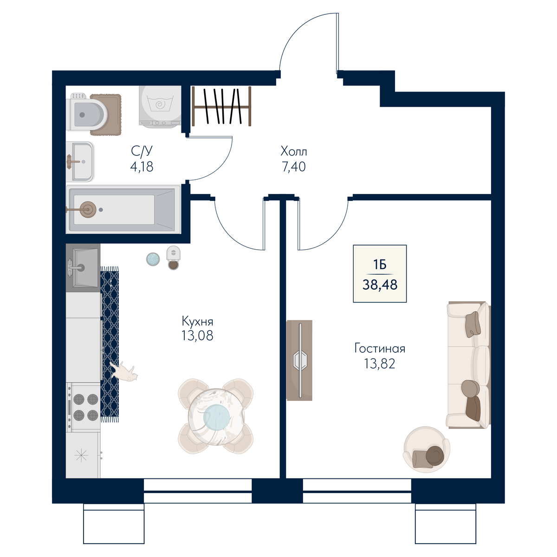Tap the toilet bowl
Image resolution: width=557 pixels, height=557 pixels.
[87, 115]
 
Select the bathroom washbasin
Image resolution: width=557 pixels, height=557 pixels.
[80, 162]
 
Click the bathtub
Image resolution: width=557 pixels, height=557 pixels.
[123, 209]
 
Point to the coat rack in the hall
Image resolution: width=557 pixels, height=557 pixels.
[221, 106]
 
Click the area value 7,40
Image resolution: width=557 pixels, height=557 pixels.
[294, 167]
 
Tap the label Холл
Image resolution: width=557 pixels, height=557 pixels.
[294, 151]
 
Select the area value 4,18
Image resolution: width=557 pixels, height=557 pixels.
[142, 167]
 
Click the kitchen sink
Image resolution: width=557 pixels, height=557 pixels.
[83, 268]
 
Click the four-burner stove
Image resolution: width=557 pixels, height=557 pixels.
[83, 407]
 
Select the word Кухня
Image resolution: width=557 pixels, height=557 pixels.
[197, 321]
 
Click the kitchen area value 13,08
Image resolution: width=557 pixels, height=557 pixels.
[197, 336]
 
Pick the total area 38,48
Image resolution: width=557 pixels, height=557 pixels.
[380, 285]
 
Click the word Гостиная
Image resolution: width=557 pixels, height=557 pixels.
[380, 349]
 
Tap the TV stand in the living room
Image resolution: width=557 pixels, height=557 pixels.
[299, 360]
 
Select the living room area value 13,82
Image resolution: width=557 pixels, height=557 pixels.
[380, 363]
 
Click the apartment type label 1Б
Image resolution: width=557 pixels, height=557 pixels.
[380, 265]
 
